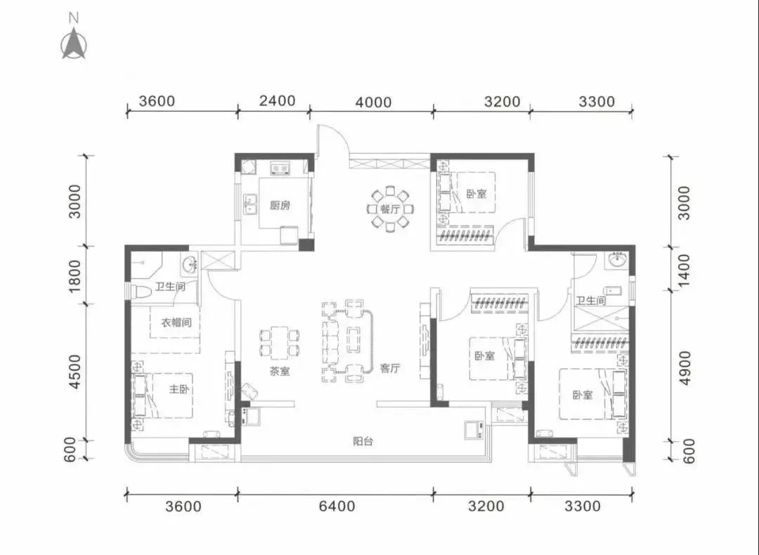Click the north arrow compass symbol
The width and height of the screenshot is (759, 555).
tap(74, 44)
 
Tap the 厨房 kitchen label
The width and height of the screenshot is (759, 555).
tap(280, 205)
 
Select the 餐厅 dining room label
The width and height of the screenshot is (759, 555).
tap(389, 209)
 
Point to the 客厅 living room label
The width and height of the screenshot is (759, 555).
tap(389, 368)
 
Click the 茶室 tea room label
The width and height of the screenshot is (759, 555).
tap(280, 372)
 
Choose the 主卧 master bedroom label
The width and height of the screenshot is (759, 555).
tap(179, 389)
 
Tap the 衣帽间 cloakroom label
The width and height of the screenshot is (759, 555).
tap(176, 322)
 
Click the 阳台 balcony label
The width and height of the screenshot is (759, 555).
tap(363, 441)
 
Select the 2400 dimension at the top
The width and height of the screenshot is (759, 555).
tap(277, 100)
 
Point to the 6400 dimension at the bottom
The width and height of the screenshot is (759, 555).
tap(337, 506)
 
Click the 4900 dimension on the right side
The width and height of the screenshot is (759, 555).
tap(684, 368)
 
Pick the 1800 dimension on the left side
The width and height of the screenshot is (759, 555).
tap(74, 276)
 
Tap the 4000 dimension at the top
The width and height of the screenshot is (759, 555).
tap(373, 102)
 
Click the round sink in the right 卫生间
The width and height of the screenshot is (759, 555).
tap(617, 261)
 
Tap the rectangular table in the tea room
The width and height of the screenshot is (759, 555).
tap(279, 343)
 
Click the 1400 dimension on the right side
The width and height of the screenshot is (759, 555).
tap(683, 270)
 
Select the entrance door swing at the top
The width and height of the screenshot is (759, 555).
tap(332, 141)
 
